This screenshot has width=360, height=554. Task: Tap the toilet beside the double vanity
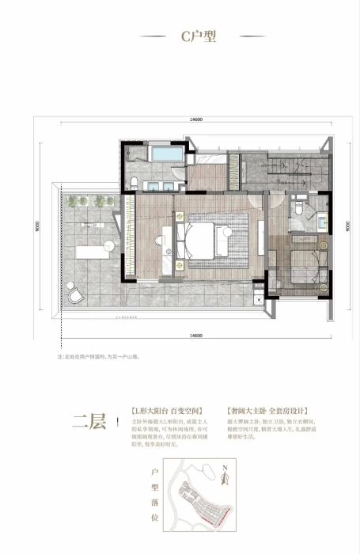[x=135, y=184]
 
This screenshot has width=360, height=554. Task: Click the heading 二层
[x=89, y=421]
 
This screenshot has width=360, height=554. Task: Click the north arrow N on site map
[x=224, y=477]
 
